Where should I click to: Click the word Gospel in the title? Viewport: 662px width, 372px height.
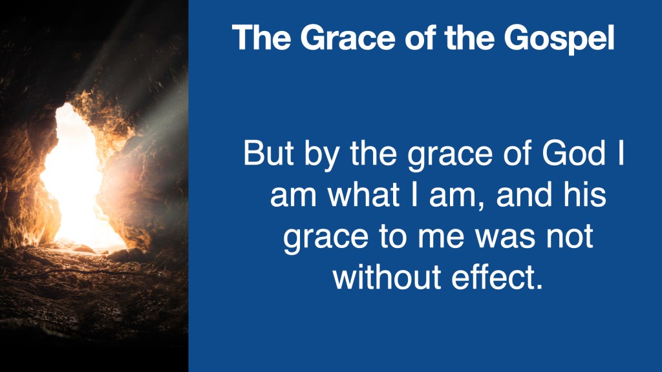(x=559, y=39)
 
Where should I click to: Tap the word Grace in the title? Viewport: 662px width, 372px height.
(x=348, y=37)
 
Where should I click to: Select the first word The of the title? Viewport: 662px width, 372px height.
(x=261, y=37)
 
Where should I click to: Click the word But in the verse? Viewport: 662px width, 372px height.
(x=268, y=153)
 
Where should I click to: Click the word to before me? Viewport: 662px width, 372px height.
(x=392, y=236)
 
